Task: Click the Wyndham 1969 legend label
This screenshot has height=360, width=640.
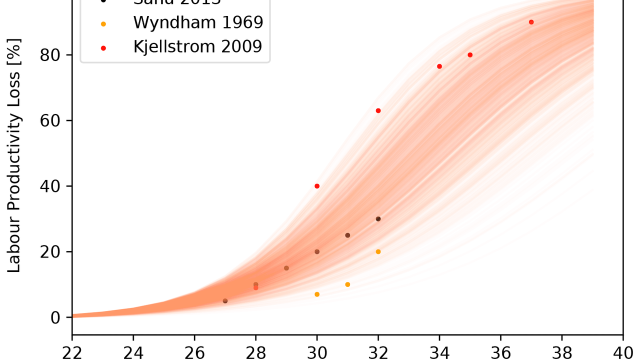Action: click(x=198, y=22)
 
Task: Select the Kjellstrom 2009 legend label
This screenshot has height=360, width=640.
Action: click(x=198, y=46)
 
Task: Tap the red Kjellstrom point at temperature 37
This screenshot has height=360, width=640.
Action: click(x=531, y=22)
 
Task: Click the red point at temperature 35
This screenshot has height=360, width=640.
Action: click(x=470, y=55)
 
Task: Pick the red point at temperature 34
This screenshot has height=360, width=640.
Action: click(x=439, y=66)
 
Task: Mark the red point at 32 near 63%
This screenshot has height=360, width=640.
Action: click(x=378, y=110)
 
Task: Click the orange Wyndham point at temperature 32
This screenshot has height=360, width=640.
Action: click(x=378, y=251)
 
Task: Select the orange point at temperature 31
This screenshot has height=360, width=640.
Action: click(x=347, y=284)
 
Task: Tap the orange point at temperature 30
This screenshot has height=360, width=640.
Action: click(x=317, y=294)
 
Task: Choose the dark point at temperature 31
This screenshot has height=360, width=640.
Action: click(x=347, y=235)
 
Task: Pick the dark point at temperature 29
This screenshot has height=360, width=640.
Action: click(x=286, y=268)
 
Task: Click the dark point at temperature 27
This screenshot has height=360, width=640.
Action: click(x=225, y=301)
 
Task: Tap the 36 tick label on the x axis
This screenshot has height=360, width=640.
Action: click(x=500, y=352)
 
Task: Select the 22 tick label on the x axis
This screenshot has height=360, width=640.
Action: click(x=72, y=352)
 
